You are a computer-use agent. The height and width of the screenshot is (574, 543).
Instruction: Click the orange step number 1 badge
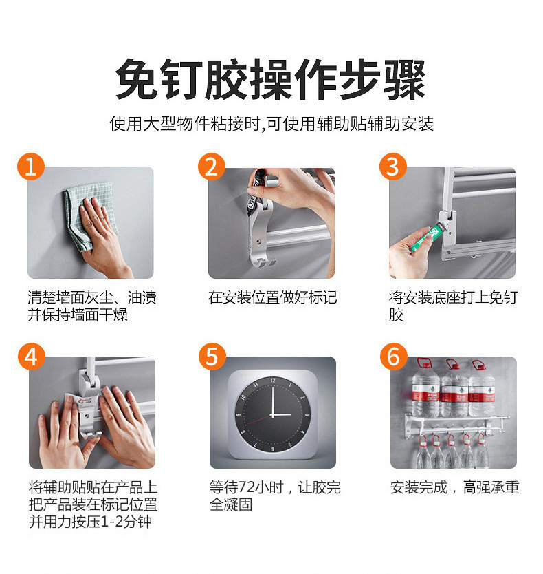click(x=30, y=167)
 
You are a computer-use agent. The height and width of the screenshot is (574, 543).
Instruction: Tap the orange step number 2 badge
click(x=212, y=167)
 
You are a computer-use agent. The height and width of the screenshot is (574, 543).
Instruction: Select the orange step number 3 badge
click(x=392, y=167)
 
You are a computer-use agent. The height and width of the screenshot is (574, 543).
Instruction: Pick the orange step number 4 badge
click(x=30, y=357)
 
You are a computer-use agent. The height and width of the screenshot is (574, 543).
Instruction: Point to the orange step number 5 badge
click(x=212, y=357)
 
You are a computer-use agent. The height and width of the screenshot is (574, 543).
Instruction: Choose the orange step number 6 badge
click(x=392, y=357)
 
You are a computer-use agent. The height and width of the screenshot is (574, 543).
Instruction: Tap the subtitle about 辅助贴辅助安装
click(x=271, y=125)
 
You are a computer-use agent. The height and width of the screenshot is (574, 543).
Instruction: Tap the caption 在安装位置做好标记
click(x=272, y=298)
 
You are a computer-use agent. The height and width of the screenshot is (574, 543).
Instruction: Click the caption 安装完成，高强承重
click(x=454, y=488)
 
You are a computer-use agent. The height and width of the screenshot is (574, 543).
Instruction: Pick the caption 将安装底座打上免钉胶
click(x=453, y=306)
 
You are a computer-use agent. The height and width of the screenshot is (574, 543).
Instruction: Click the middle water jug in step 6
click(x=454, y=389)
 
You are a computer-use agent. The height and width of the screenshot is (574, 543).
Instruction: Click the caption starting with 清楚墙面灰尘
click(x=91, y=306)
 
